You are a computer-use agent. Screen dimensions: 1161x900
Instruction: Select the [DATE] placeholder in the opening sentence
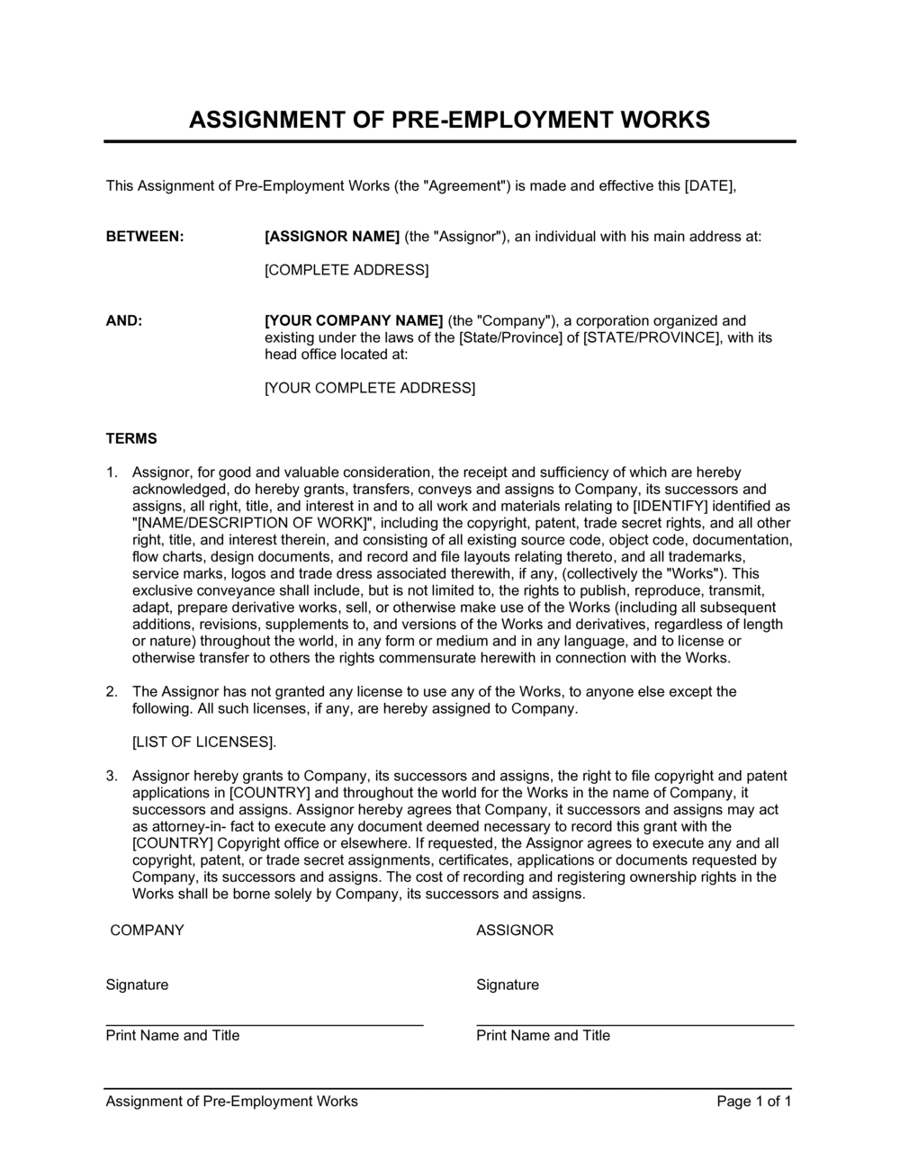tap(710, 186)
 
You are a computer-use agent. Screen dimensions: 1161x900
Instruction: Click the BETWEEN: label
tap(145, 237)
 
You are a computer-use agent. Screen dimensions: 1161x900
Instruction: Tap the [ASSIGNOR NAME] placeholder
tap(331, 237)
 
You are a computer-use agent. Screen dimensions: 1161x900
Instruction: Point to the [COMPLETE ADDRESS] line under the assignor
tap(346, 270)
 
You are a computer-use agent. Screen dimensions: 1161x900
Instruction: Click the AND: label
tap(124, 320)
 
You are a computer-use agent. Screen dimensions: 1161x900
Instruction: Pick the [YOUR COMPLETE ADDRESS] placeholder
tap(369, 388)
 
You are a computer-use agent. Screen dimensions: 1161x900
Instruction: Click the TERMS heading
tap(131, 439)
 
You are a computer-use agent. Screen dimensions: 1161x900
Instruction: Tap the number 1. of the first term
tap(112, 472)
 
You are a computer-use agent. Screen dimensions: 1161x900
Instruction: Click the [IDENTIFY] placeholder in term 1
tap(670, 507)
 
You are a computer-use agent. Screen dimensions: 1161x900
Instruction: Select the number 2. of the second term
tap(112, 692)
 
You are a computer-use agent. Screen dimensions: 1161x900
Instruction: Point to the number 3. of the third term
tap(112, 776)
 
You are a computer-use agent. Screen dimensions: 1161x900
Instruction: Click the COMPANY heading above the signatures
tap(147, 931)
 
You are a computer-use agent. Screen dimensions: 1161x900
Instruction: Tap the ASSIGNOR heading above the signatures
tap(515, 931)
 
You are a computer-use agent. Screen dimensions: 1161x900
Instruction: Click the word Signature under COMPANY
tap(137, 985)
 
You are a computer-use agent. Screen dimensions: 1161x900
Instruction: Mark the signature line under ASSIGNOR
tap(634, 1024)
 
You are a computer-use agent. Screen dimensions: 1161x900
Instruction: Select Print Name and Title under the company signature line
tap(173, 1036)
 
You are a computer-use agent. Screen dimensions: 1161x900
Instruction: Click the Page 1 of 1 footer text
tap(754, 1102)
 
